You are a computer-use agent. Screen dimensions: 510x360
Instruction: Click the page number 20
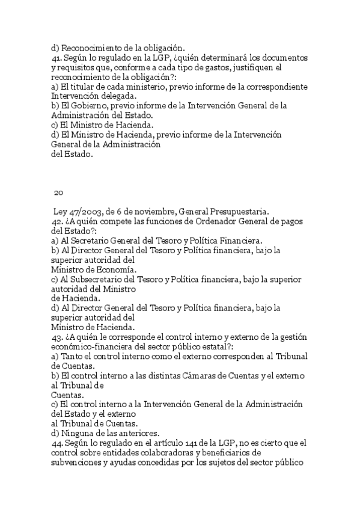58,192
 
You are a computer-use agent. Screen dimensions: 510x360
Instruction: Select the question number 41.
57,58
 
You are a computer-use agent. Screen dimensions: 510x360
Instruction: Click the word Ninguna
77,433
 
